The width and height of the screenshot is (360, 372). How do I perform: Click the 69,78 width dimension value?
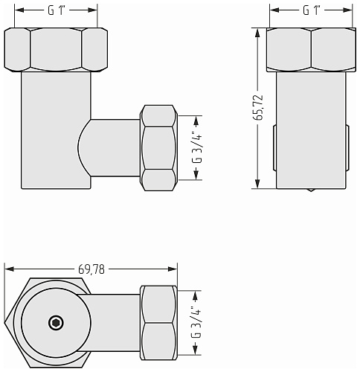point(91,269)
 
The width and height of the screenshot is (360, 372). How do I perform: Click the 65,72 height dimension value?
point(258,108)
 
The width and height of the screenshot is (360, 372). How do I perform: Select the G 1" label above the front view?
point(57,10)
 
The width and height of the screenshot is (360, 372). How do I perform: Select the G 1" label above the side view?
point(312,10)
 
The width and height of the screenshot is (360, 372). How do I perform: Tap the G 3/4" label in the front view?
point(197,148)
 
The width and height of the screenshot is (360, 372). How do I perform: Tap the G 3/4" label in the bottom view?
point(196,323)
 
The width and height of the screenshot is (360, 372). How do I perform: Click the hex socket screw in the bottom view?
point(56,323)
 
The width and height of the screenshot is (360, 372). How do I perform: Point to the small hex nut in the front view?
point(158,148)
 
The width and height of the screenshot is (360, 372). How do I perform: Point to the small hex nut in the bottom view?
point(158,323)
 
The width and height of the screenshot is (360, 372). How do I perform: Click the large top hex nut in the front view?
point(56,50)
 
